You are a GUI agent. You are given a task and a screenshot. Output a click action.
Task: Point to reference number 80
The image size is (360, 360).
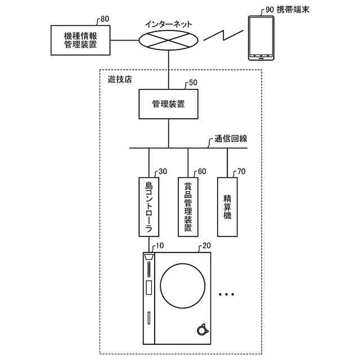pyautogui.click(x=105, y=19)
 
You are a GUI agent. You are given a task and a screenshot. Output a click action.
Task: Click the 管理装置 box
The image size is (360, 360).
pyautogui.click(x=169, y=104)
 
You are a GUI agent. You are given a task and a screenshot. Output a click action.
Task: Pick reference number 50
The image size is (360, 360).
pyautogui.click(x=193, y=82)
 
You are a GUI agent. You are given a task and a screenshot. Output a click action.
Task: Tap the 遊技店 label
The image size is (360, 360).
pyautogui.click(x=119, y=79)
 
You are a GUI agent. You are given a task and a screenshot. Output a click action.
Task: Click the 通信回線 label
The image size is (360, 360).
pyautogui.click(x=232, y=138)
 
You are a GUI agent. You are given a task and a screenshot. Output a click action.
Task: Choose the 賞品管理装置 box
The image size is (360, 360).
pyautogui.click(x=188, y=206)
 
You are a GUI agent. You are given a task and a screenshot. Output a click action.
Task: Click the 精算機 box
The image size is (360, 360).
pyautogui.click(x=227, y=206)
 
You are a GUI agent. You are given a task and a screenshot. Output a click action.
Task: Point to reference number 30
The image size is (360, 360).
pyautogui.click(x=163, y=172)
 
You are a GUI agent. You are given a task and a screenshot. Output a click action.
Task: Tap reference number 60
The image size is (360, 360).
pyautogui.click(x=202, y=172)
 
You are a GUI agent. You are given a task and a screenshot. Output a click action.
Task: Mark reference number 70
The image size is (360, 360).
pyautogui.click(x=241, y=172)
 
